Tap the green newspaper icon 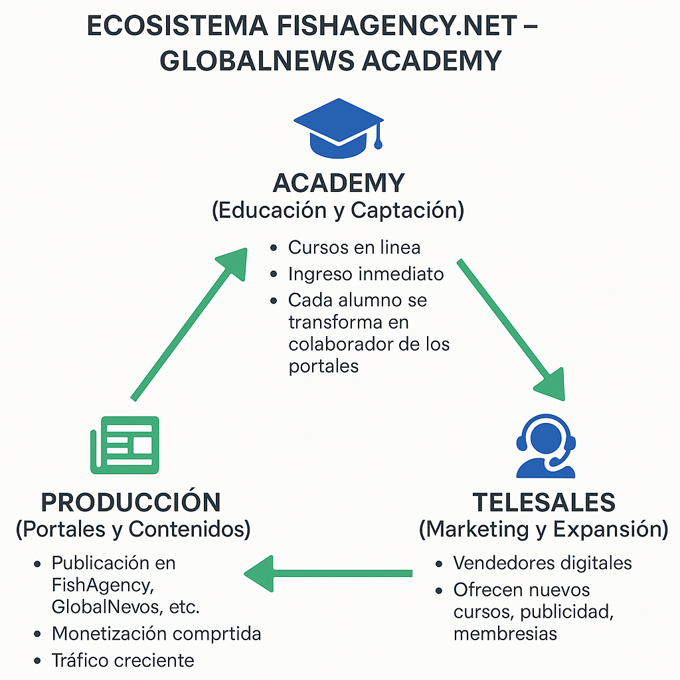pyautogui.click(x=125, y=444)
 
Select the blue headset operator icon pyautogui.click(x=545, y=446)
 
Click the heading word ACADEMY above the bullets pyautogui.click(x=339, y=183)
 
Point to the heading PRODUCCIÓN pyautogui.click(x=131, y=502)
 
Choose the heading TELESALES pyautogui.click(x=544, y=502)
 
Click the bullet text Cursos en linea pyautogui.click(x=354, y=248)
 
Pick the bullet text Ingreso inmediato pyautogui.click(x=366, y=274)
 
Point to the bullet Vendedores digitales pyautogui.click(x=543, y=563)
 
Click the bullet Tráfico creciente pyautogui.click(x=123, y=660)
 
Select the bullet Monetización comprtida pyautogui.click(x=156, y=634)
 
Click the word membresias pyautogui.click(x=505, y=634)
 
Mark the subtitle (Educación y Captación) pyautogui.click(x=338, y=211)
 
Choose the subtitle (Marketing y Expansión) pyautogui.click(x=543, y=529)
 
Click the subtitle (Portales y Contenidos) pyautogui.click(x=133, y=529)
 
